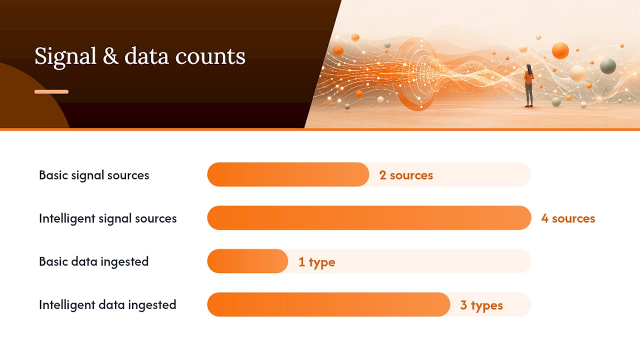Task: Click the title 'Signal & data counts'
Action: [139, 56]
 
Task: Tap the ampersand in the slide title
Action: [110, 55]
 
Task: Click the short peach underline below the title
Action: [51, 91]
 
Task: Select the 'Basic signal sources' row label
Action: [94, 175]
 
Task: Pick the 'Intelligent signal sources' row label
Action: [107, 218]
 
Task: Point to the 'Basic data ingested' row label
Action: [93, 261]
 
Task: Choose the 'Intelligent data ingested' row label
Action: [107, 305]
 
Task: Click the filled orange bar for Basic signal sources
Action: [288, 174]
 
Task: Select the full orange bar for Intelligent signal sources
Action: [369, 217]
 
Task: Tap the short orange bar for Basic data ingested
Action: [247, 261]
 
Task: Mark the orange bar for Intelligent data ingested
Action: [328, 304]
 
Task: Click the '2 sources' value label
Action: [406, 175]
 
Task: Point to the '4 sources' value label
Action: [568, 218]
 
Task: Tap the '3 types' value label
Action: [481, 305]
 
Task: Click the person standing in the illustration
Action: [529, 85]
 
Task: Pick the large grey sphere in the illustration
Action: [607, 66]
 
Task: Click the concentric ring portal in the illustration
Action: [417, 74]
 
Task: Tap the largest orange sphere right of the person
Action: [560, 51]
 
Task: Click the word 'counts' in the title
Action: [210, 56]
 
